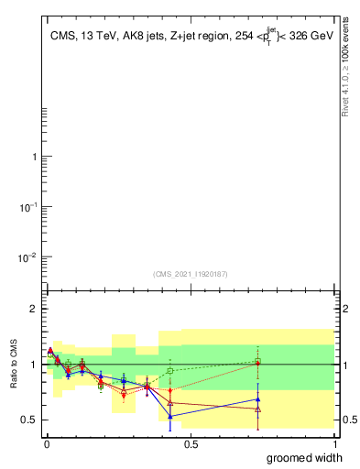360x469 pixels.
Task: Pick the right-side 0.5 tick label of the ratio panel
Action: [347, 420]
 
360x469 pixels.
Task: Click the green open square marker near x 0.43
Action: [170, 371]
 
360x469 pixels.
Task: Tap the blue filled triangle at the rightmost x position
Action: [258, 399]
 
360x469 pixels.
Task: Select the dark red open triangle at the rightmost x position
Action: [258, 409]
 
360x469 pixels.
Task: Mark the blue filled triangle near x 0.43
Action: [170, 416]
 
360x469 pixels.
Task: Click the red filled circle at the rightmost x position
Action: [258, 363]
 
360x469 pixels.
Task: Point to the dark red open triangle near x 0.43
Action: [170, 403]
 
